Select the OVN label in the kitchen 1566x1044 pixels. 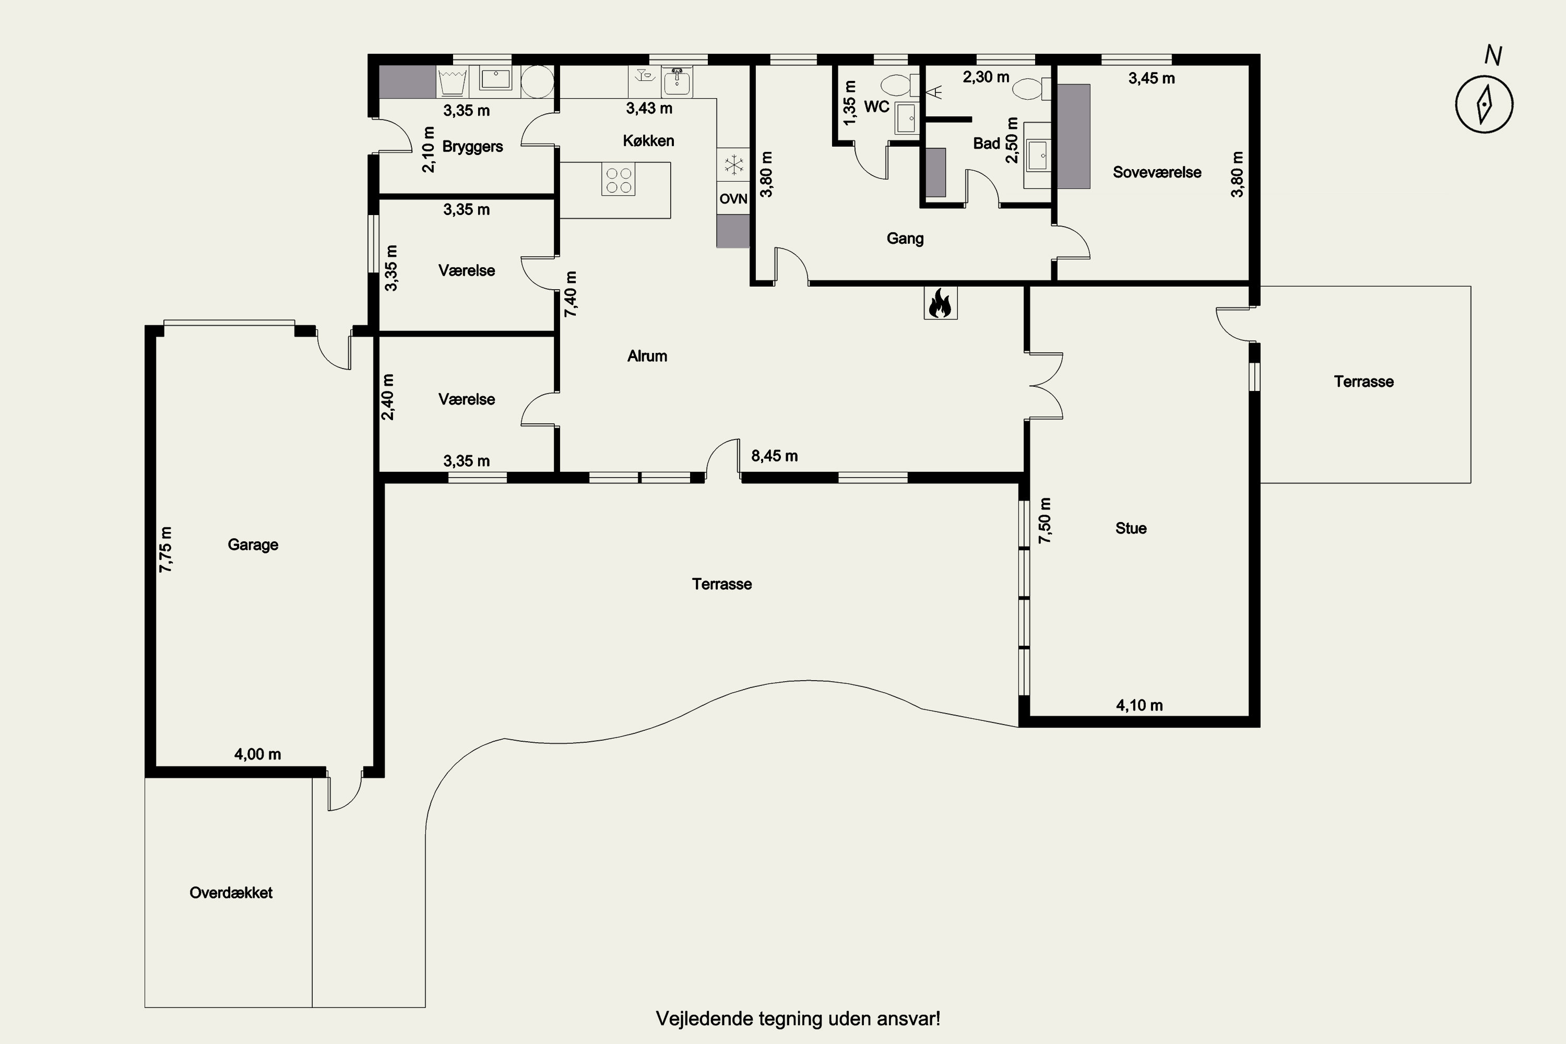(733, 199)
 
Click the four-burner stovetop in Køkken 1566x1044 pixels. (618, 180)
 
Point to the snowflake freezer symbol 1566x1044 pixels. (733, 164)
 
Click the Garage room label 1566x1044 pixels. (253, 544)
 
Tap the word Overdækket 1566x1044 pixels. (231, 893)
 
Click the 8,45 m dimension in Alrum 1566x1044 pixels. (774, 456)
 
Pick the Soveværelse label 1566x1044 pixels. (1157, 172)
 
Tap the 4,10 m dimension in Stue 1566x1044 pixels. (1139, 706)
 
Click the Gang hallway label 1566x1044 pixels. (905, 239)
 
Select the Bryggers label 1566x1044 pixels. (473, 147)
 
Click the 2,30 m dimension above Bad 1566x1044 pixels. (986, 77)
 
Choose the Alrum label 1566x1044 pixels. (647, 356)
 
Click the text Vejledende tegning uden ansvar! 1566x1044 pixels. (798, 1019)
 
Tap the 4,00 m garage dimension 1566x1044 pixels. (258, 754)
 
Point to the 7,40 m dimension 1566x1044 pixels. (571, 293)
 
